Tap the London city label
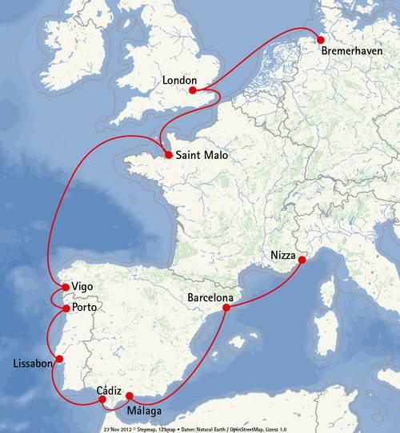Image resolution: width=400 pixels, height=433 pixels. click(x=179, y=81)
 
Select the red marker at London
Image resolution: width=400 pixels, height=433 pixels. click(x=192, y=90)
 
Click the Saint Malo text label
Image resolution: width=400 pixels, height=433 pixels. click(x=202, y=156)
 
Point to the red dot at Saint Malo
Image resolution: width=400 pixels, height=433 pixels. click(x=168, y=156)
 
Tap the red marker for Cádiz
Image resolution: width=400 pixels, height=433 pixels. click(x=102, y=399)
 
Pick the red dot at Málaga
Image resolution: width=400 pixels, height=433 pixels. click(x=130, y=396)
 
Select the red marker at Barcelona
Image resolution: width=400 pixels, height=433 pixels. click(x=228, y=308)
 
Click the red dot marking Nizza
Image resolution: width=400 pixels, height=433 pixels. click(x=302, y=260)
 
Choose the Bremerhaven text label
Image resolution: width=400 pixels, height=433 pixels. click(x=352, y=52)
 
